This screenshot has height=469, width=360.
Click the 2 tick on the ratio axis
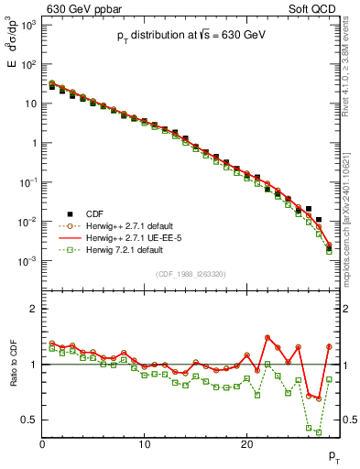34,309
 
